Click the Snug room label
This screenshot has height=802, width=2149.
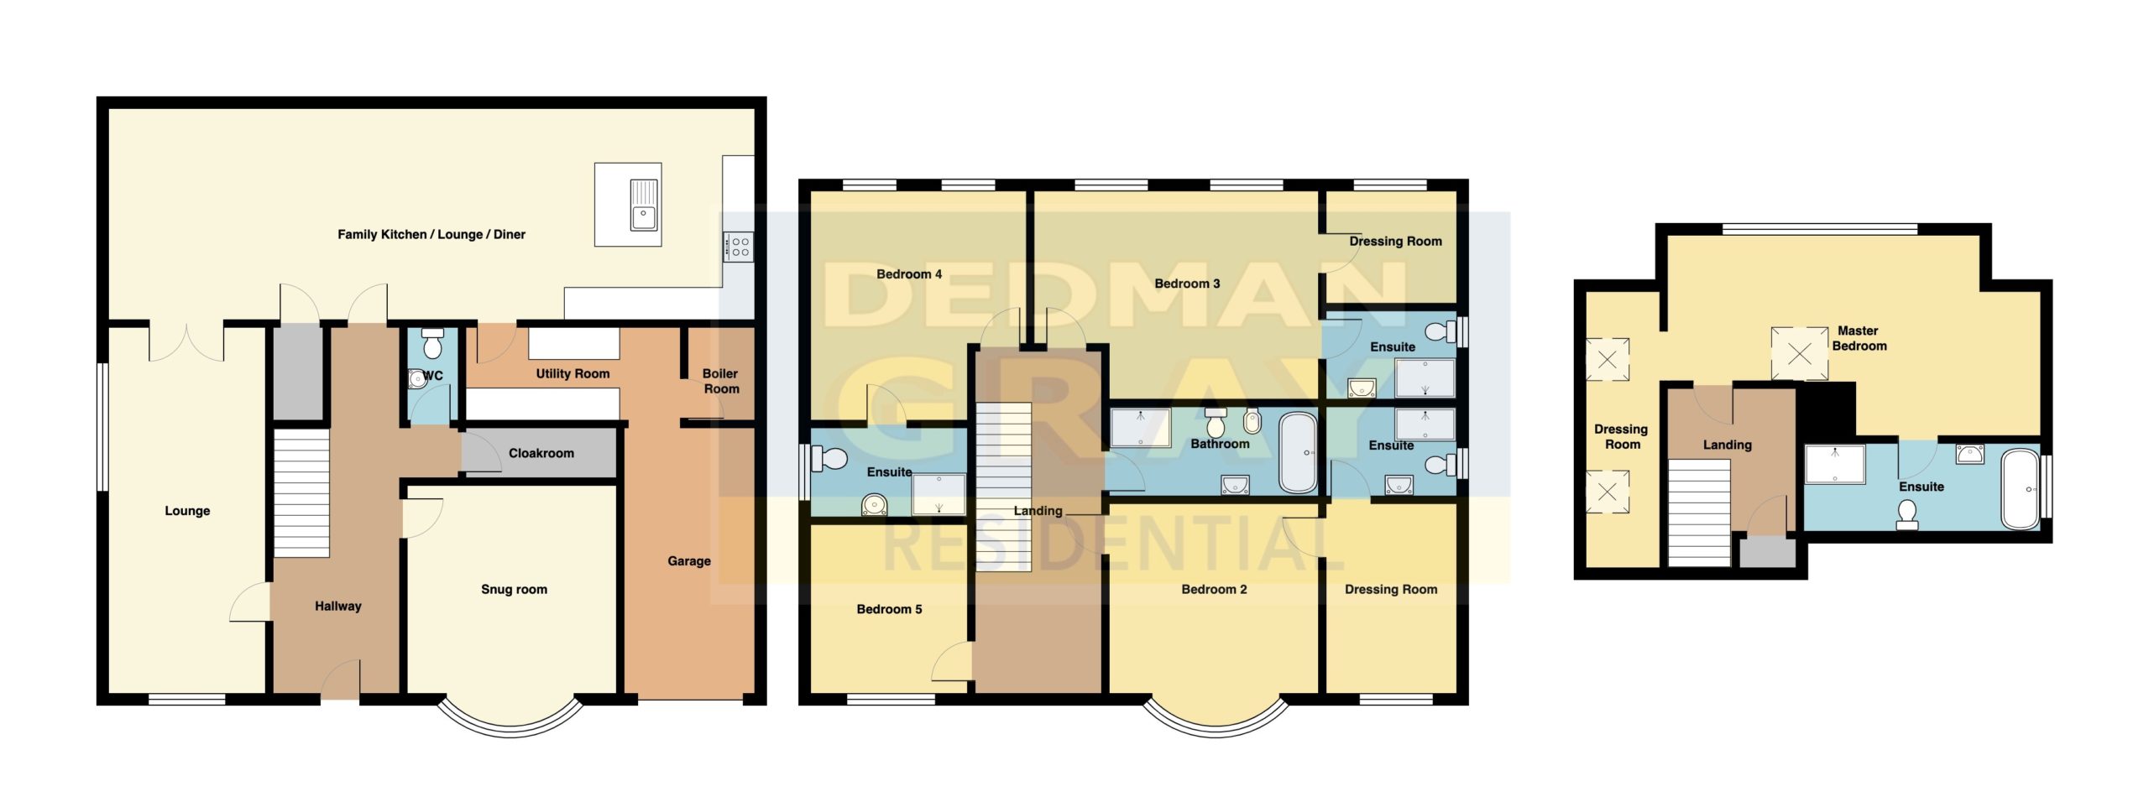click(514, 590)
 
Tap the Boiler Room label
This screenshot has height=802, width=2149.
click(721, 381)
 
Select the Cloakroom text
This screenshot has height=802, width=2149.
click(541, 453)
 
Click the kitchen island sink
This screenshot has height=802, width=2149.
click(644, 204)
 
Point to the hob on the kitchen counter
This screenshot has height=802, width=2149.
click(739, 247)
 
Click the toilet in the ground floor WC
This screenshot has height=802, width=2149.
click(432, 343)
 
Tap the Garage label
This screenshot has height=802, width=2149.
click(689, 561)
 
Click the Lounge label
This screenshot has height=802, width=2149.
click(187, 511)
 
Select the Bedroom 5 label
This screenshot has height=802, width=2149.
click(889, 609)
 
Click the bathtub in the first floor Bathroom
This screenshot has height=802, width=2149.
click(1298, 453)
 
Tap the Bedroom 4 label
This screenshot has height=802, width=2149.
click(909, 274)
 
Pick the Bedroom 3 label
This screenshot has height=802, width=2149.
click(1187, 284)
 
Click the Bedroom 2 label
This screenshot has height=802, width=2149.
click(1214, 590)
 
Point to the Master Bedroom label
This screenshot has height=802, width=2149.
click(1859, 338)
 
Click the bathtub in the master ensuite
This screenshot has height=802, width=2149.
click(2021, 490)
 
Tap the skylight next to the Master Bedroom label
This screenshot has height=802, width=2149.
click(1800, 354)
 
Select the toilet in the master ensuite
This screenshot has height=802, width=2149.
click(1907, 514)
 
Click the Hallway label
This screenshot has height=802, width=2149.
click(338, 606)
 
